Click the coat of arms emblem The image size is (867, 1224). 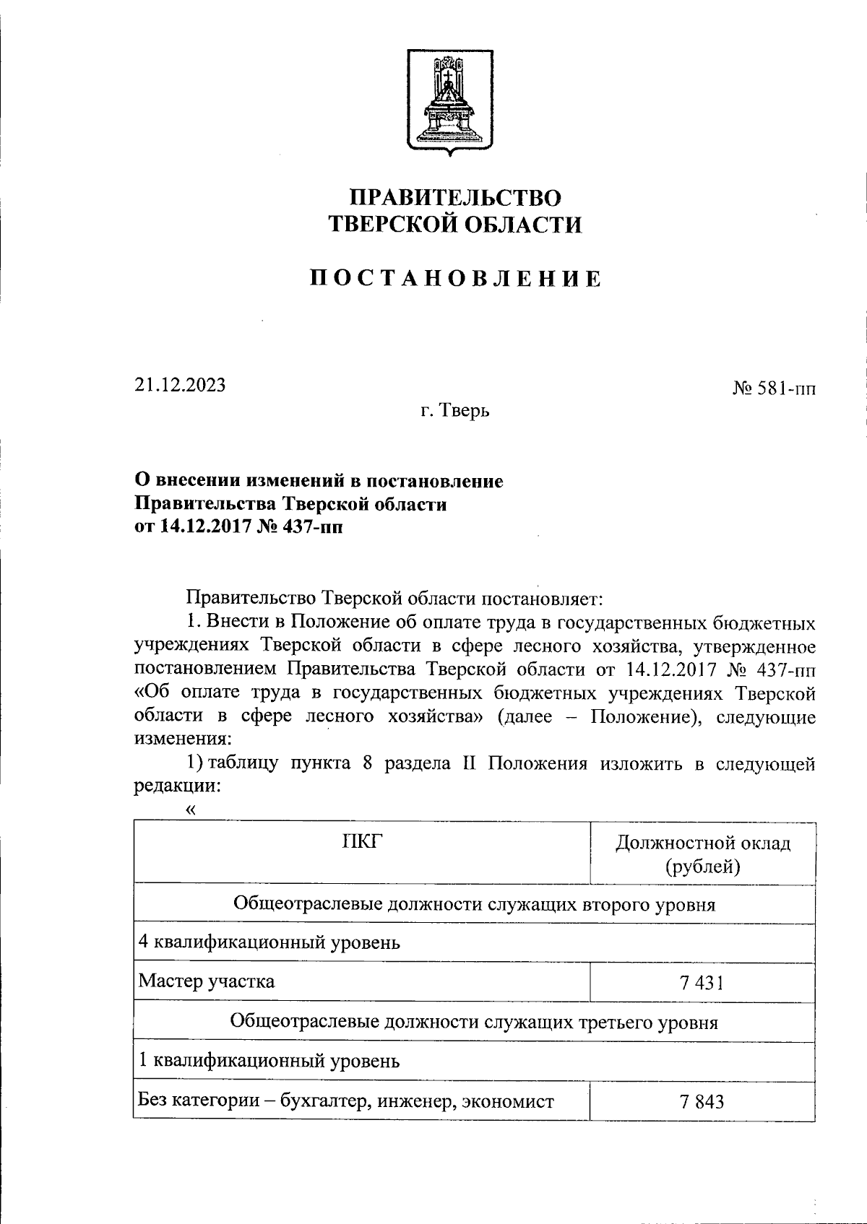click(x=450, y=102)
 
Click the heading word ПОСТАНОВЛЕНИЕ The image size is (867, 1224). click(x=456, y=279)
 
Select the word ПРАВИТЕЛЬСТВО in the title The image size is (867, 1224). click(x=455, y=197)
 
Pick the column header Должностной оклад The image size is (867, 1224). click(x=702, y=843)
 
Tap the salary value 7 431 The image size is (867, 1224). click(x=702, y=982)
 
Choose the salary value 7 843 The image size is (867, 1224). click(x=702, y=1101)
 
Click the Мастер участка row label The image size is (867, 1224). click(x=207, y=981)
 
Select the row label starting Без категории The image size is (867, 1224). click(x=346, y=1101)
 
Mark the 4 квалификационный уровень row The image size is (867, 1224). click(x=269, y=942)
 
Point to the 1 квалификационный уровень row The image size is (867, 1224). click(x=268, y=1061)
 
